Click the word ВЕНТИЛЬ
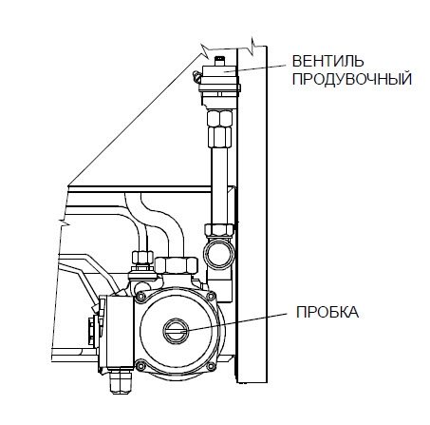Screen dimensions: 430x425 (x=327, y=61)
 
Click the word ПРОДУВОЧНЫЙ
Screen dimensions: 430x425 (x=352, y=79)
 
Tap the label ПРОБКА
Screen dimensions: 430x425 (x=327, y=312)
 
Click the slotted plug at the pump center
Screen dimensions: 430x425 (x=176, y=331)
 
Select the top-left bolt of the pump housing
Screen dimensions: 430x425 (x=140, y=297)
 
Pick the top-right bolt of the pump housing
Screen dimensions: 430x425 (x=211, y=297)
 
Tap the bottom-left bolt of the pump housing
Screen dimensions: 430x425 (x=140, y=365)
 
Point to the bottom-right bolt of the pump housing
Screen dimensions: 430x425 (x=211, y=365)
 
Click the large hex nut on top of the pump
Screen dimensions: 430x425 (x=177, y=265)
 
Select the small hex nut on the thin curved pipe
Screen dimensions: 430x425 (x=142, y=258)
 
